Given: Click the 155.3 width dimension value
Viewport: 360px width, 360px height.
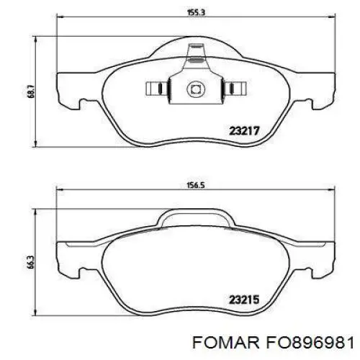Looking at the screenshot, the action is [196, 12].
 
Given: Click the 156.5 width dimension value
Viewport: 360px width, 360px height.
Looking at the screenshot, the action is [196, 185].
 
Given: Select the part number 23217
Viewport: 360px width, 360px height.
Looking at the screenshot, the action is [244, 131].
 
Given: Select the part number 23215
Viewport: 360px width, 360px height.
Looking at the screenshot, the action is [244, 300].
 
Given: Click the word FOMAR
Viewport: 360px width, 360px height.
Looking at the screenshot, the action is [226, 343].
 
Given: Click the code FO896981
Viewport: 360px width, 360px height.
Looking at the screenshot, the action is [309, 343].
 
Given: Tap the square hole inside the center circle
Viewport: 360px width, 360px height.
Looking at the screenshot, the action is [196, 89].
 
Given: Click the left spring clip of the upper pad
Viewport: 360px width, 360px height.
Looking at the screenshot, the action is [158, 88].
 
